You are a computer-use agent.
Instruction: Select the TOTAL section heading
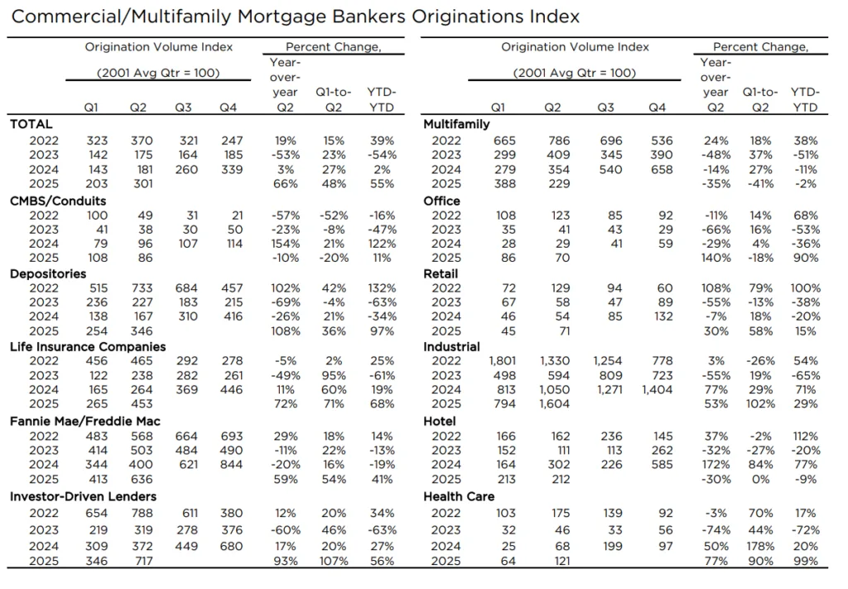coord(31,124)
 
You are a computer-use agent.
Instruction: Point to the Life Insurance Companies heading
coord(88,346)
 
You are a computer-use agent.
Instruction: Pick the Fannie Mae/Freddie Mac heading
coord(84,422)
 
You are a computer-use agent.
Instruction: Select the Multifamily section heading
coord(454,124)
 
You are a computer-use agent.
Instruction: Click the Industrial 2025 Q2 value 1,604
coord(555,404)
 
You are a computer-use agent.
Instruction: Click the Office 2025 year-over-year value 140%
coord(715,258)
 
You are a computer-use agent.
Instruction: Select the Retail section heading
coord(441,273)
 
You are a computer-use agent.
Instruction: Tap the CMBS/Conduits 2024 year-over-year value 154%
coord(285,244)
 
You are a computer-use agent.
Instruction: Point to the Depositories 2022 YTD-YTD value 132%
coord(381,288)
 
